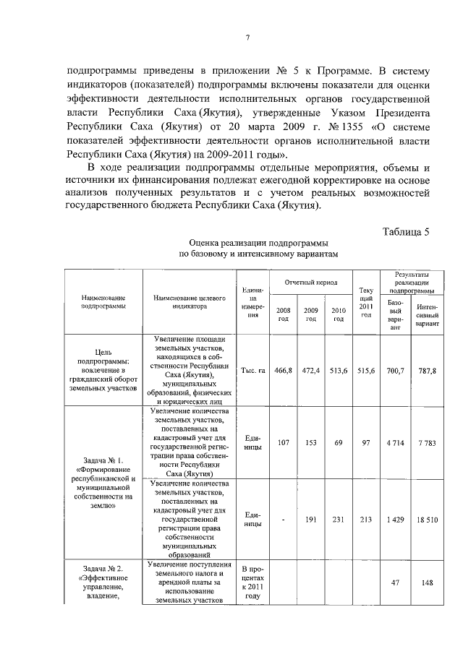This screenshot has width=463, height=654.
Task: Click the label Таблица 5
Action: (x=405, y=232)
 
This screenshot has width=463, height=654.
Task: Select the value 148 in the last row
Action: (x=427, y=583)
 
